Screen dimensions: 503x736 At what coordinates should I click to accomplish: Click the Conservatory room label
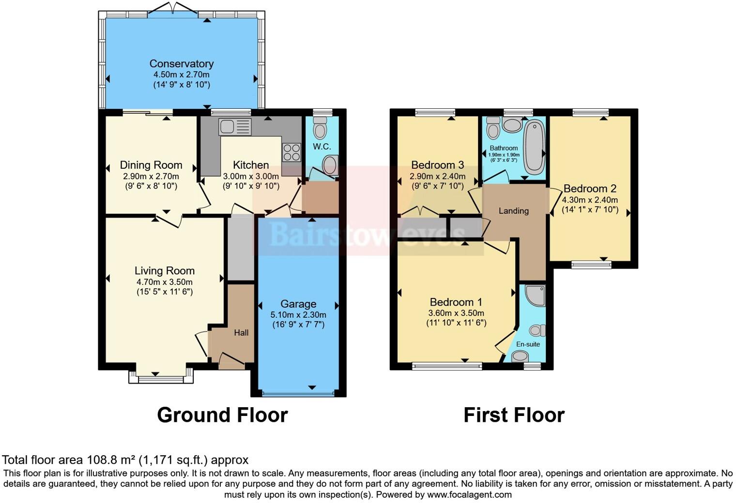(x=181, y=64)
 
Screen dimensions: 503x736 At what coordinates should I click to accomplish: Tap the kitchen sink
(x=235, y=127)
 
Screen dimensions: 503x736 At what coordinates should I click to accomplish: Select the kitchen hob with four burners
(x=291, y=152)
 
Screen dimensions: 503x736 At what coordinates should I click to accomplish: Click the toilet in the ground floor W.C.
(x=320, y=129)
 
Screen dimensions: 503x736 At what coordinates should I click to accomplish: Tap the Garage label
(x=298, y=304)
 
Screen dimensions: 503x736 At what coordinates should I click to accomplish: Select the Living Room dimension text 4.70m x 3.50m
(x=164, y=282)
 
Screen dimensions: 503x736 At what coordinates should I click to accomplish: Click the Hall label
(x=241, y=333)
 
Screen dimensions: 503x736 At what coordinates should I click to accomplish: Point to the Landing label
(x=513, y=211)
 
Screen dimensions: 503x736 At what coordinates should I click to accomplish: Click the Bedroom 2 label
(x=589, y=189)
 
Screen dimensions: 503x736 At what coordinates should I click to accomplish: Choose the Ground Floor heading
(x=222, y=415)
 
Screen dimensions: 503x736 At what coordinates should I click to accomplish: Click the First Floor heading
(x=514, y=415)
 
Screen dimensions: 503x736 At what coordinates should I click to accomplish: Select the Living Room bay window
(x=161, y=378)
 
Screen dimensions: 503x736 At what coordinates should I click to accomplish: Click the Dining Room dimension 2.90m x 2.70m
(x=151, y=176)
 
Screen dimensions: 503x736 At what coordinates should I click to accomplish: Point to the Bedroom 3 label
(x=437, y=165)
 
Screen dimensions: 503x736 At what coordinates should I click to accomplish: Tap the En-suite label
(x=528, y=344)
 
